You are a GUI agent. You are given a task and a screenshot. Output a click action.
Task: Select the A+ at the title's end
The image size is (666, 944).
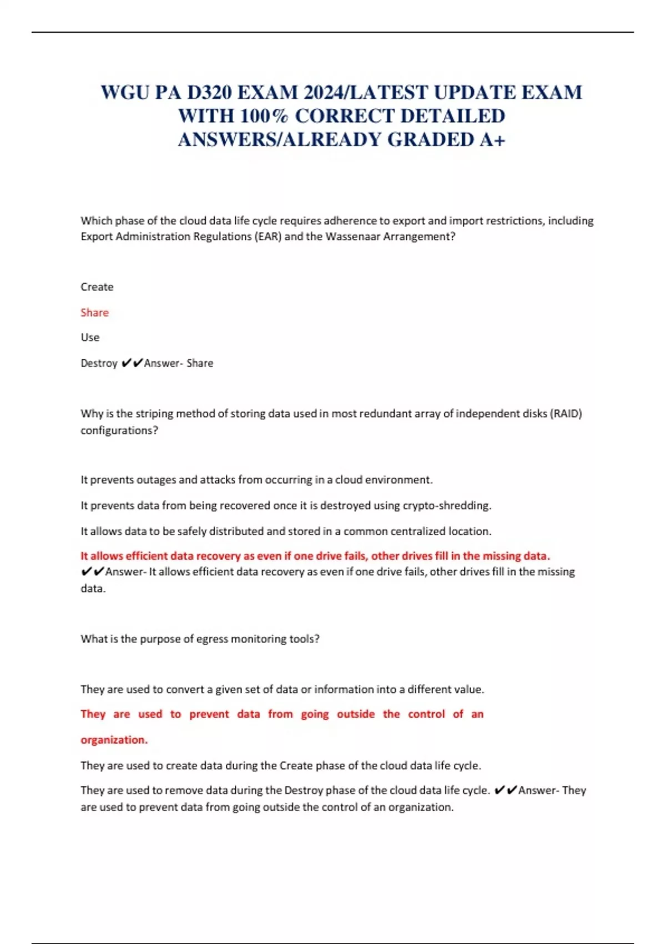tap(492, 140)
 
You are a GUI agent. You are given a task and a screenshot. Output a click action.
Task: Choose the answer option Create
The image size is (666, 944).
tap(97, 287)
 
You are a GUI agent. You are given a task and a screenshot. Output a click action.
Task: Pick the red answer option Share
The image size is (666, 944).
tap(94, 313)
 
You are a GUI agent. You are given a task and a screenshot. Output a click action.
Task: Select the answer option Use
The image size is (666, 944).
tap(90, 338)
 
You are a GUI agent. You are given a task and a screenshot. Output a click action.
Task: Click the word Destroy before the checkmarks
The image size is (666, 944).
tap(99, 363)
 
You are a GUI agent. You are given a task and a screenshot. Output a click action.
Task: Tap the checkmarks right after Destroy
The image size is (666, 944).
tap(132, 363)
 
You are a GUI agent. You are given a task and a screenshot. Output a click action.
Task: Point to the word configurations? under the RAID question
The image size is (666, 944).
tap(119, 430)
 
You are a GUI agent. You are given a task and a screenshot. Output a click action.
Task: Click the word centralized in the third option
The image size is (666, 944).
tap(417, 531)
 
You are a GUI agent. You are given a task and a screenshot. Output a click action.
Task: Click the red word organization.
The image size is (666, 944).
tap(114, 740)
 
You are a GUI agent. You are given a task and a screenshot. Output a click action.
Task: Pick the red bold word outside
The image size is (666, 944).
tap(356, 715)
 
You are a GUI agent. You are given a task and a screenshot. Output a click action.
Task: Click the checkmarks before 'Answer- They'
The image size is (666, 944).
tap(505, 790)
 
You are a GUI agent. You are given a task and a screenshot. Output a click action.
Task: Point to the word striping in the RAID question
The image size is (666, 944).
tap(150, 414)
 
